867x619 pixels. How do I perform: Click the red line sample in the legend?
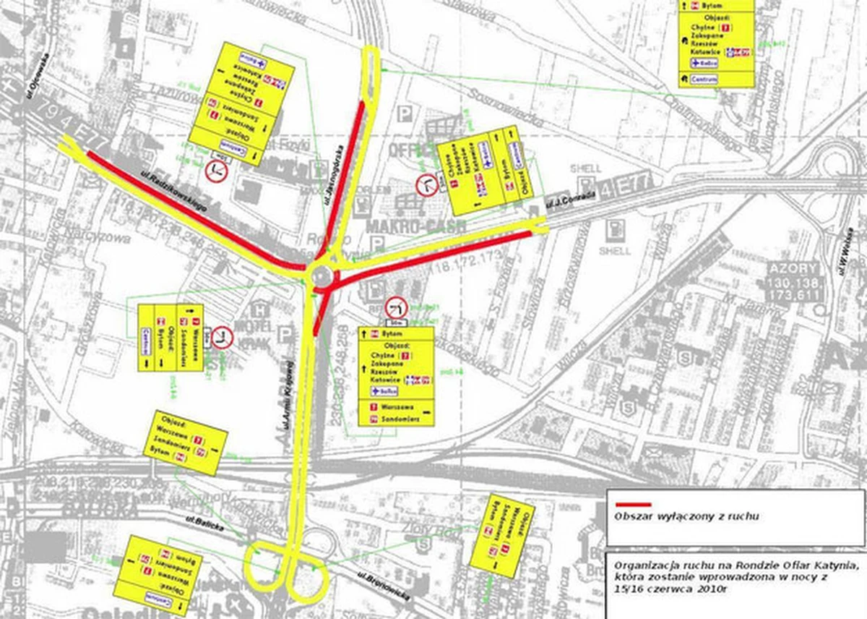[x=634, y=504]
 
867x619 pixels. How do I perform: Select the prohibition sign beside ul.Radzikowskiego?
[x=216, y=171]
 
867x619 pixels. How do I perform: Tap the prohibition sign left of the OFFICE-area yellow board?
[x=427, y=186]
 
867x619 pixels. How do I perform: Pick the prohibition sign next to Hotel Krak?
[x=221, y=338]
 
